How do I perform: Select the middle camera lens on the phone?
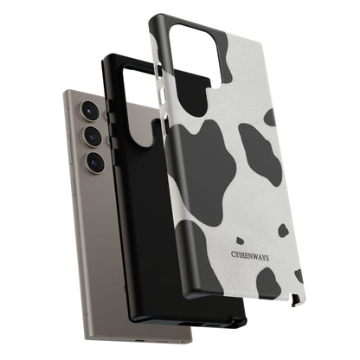[x=93, y=138]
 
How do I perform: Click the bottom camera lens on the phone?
[x=95, y=162]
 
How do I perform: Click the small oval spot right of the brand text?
[x=282, y=230]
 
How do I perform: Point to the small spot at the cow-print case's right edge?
[x=299, y=276]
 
